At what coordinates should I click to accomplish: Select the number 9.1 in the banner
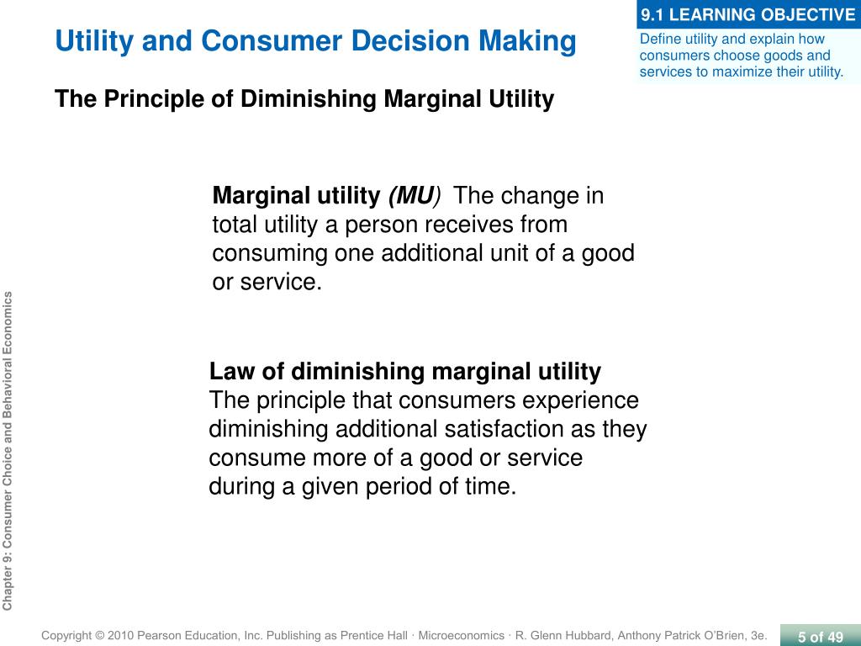pos(652,15)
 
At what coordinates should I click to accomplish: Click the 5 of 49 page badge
pos(821,636)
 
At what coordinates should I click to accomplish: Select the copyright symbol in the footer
pos(99,636)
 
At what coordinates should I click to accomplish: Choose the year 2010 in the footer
pos(120,636)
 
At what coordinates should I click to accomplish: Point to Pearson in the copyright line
pos(158,636)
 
